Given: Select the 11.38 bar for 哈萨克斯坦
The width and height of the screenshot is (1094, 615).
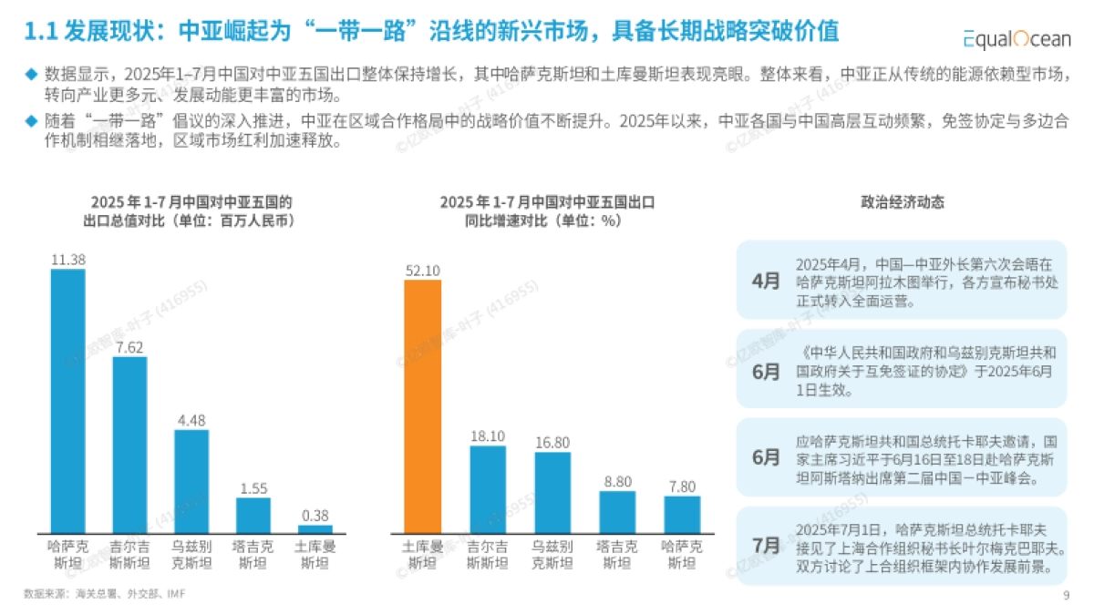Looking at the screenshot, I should tap(67, 401).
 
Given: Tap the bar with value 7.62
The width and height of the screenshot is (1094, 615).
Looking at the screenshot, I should tap(129, 445).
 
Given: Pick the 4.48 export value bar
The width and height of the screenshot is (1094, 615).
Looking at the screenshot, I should tap(191, 481).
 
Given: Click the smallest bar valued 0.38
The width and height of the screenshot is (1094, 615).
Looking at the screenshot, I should tap(315, 528).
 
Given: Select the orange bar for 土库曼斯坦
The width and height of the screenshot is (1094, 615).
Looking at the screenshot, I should tap(422, 406).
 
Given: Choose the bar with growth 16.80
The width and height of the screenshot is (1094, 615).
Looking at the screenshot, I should tap(552, 492).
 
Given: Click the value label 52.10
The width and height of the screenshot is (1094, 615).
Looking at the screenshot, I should tap(422, 271).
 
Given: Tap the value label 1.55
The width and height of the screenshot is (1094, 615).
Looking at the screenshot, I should tap(253, 488).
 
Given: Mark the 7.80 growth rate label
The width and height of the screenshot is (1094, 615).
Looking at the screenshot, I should tap(681, 487).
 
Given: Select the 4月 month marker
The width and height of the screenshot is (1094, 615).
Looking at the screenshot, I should tap(766, 281).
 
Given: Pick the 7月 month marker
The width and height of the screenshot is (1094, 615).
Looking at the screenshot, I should tap(766, 546).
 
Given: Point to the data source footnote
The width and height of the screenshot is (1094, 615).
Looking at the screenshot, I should tap(108, 593).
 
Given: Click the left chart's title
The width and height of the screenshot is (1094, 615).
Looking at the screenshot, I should tap(191, 210).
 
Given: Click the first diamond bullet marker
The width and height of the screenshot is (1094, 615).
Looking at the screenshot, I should tap(32, 73).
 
